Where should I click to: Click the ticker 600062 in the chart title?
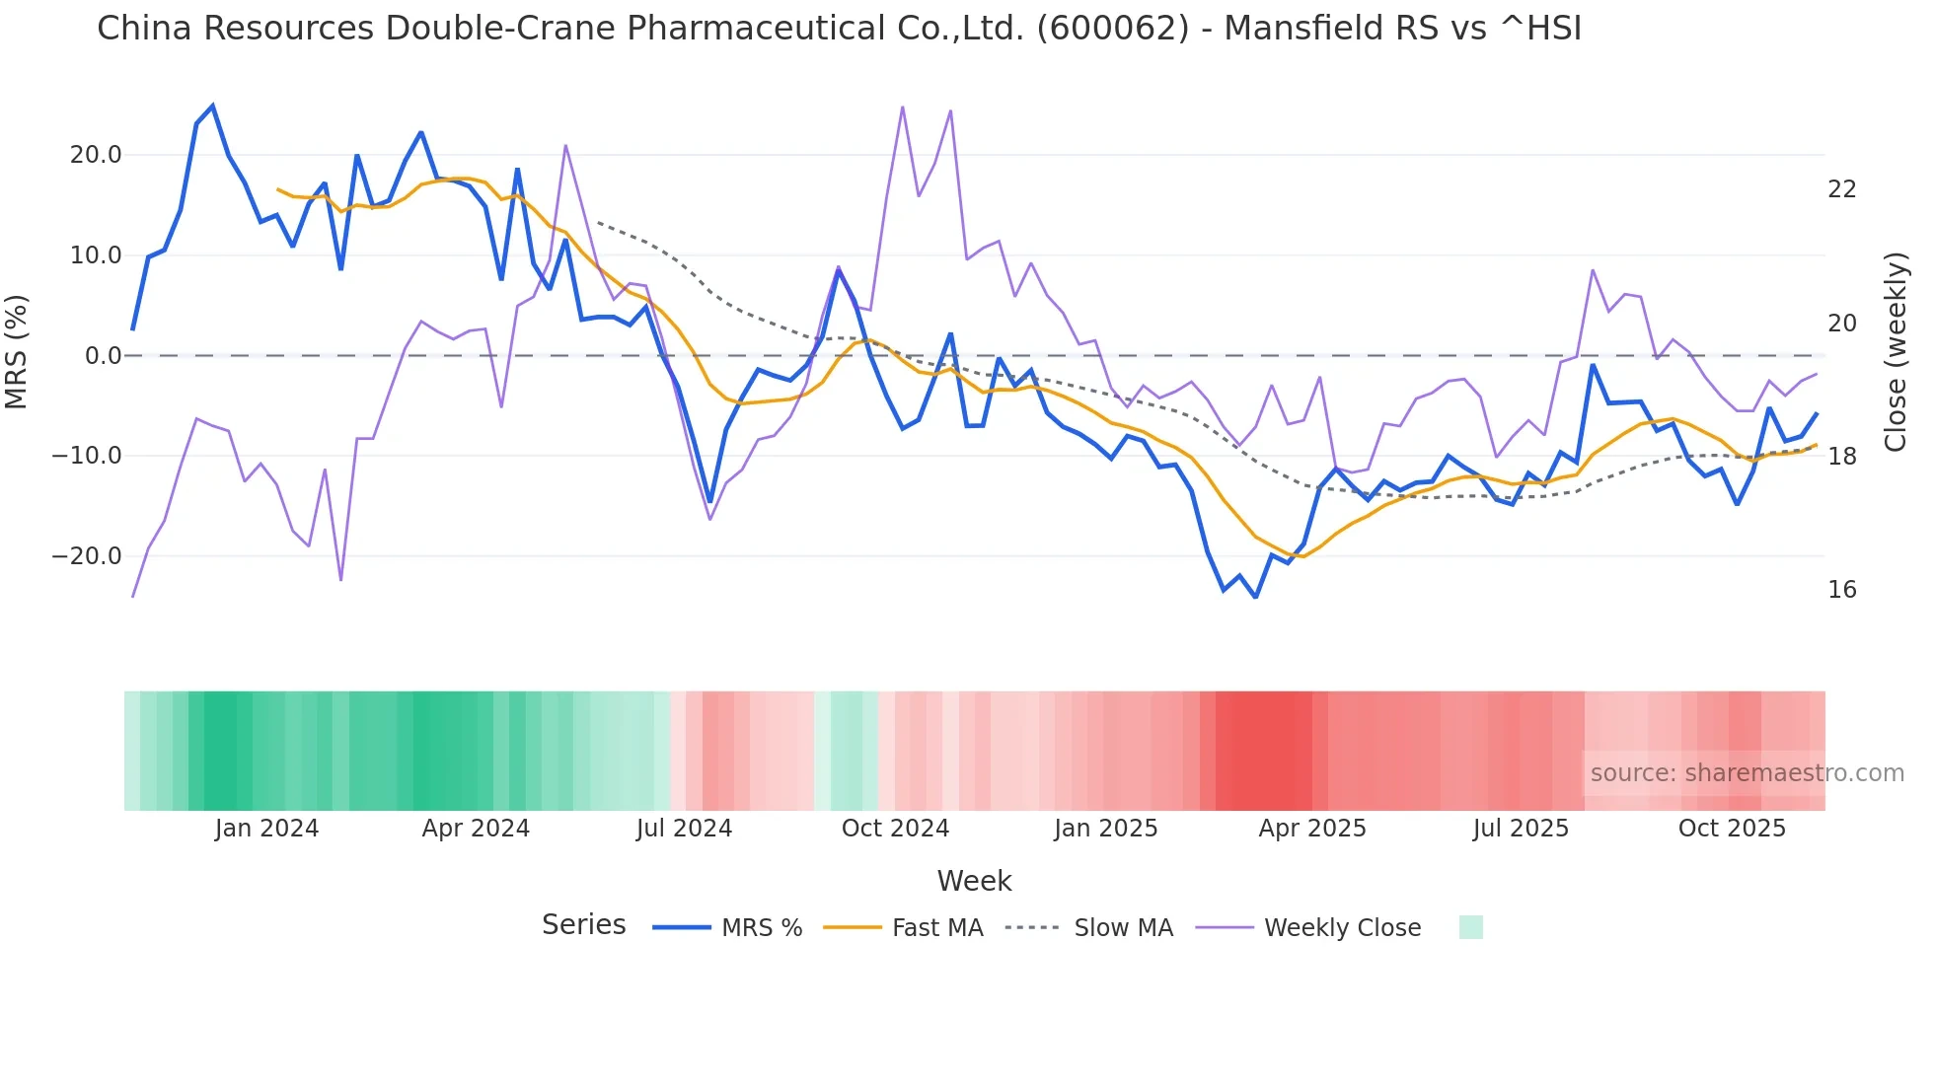click(1113, 29)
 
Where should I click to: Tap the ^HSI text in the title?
click(1540, 29)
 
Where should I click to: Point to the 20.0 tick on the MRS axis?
click(96, 155)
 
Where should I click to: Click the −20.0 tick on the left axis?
click(87, 556)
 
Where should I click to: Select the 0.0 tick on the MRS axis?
click(104, 356)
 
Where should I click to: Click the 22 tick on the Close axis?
click(1842, 189)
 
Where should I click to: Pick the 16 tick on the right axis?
click(1842, 590)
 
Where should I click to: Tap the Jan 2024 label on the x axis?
click(266, 829)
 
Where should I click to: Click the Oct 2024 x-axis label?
click(895, 829)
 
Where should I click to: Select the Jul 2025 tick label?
click(1521, 829)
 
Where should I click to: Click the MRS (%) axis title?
click(17, 352)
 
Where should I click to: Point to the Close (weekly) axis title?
click(1896, 352)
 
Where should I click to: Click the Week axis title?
click(974, 881)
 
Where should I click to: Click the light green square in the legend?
click(1470, 927)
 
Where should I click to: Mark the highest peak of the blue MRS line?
click(213, 107)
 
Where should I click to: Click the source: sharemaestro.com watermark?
click(1747, 773)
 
